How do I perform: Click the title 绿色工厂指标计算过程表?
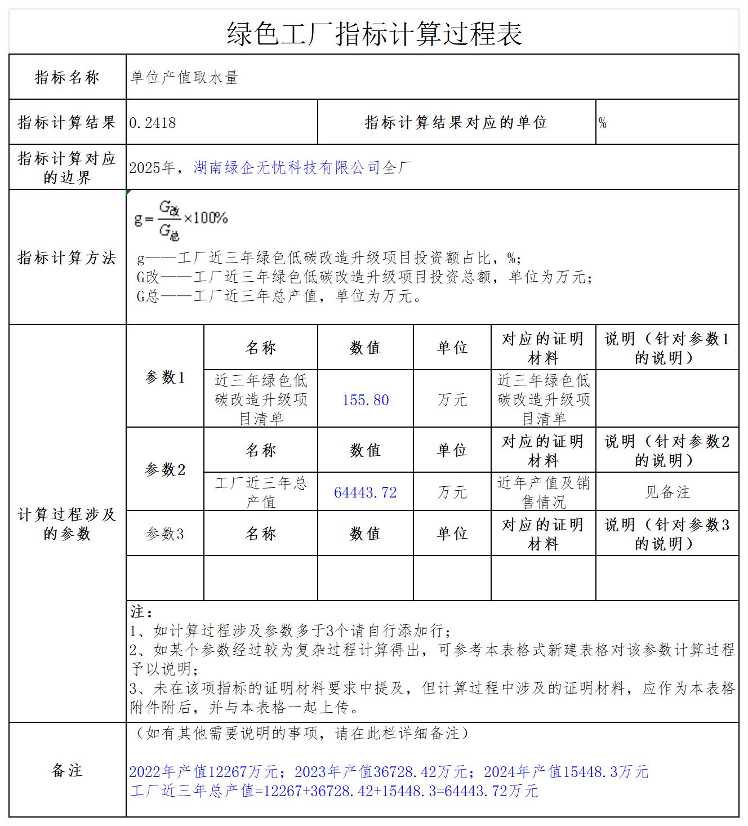pos(374,33)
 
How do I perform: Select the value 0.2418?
pos(153,123)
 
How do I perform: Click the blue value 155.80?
pos(366,400)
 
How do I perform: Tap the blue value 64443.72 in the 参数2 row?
pos(366,492)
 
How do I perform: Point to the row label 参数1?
pos(165,378)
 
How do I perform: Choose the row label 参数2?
pos(165,469)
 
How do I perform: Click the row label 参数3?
pos(165,534)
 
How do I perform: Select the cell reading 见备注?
pos(667,492)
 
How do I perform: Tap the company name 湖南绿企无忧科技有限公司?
pos(287,167)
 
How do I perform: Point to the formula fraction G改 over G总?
pos(169,219)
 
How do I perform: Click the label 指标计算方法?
pos(67,258)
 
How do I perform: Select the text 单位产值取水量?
pos(185,78)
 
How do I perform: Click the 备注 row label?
pos(67,770)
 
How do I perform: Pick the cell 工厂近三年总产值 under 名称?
pos(261,492)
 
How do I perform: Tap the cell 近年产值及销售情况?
pos(543,492)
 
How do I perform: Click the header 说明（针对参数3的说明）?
pos(667,534)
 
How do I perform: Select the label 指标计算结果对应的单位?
pos(456,122)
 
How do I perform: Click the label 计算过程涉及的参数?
pos(67,523)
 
